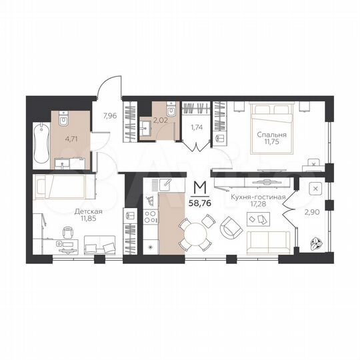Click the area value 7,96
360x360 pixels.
pyautogui.click(x=109, y=115)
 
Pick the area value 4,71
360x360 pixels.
pyautogui.click(x=71, y=139)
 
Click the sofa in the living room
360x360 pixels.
pyautogui.click(x=268, y=241)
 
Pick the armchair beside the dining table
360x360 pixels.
pyautogui.click(x=231, y=229)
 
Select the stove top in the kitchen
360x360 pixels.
pyautogui.click(x=150, y=216)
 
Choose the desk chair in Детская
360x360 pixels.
pyautogui.click(x=68, y=233)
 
